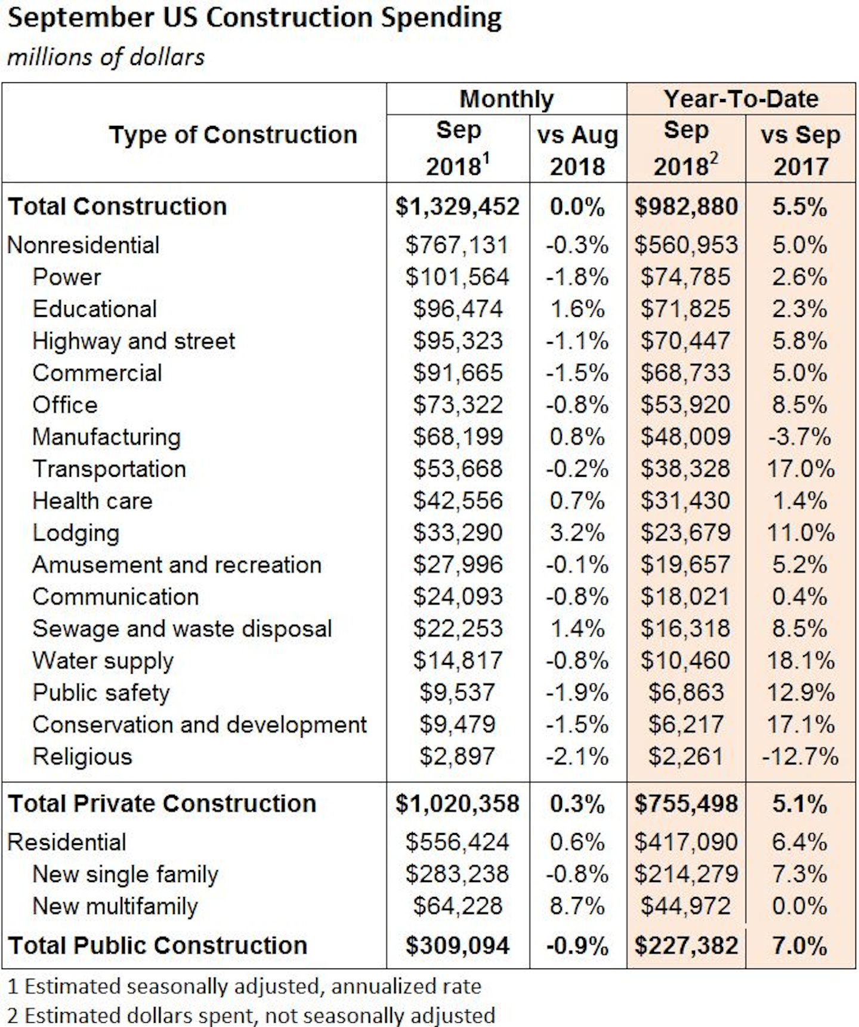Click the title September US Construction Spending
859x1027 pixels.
[254, 18]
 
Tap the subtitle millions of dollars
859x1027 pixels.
[106, 57]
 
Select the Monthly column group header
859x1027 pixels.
[506, 99]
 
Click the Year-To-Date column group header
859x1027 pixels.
[741, 99]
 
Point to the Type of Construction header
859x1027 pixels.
[233, 135]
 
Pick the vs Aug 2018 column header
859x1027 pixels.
[577, 150]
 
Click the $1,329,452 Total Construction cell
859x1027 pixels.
[458, 207]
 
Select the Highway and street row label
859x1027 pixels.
[134, 341]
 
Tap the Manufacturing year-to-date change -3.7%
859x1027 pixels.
[799, 437]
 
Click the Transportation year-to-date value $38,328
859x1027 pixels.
[685, 469]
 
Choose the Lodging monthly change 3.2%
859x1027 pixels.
[577, 533]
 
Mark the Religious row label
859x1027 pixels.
[82, 757]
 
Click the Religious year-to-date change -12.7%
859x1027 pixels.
[799, 757]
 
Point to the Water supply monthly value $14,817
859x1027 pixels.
[458, 661]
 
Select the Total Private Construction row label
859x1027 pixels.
[162, 804]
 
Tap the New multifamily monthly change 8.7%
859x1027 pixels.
[577, 906]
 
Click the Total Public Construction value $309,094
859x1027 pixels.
[458, 946]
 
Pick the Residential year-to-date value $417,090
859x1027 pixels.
[685, 843]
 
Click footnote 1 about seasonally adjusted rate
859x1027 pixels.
[245, 986]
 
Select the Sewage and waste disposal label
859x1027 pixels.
[182, 629]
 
